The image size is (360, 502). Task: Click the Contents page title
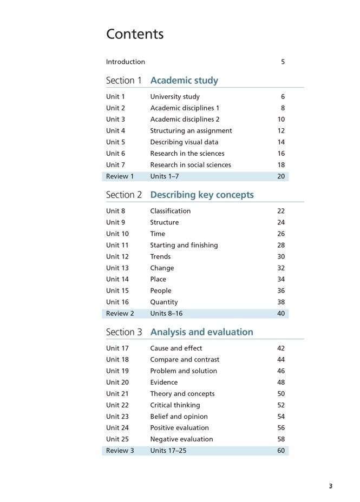[x=135, y=34]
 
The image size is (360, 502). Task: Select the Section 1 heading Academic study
[x=184, y=81]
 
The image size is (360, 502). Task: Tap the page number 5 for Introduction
[x=283, y=62]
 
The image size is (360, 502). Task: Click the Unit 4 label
[x=115, y=131]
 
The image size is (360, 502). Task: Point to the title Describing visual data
[x=184, y=142]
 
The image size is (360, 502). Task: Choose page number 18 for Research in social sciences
[x=281, y=165]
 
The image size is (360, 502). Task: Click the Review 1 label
[x=120, y=176]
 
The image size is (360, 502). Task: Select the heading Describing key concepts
[x=202, y=195]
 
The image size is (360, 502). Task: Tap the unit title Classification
[x=171, y=211]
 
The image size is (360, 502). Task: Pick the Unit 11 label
[x=117, y=245]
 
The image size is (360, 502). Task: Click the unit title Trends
[x=160, y=256]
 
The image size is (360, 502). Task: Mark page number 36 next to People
[x=281, y=290]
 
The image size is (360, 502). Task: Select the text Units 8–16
[x=166, y=314]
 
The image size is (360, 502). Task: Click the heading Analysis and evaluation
[x=201, y=332]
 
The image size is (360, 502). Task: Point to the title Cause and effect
[x=176, y=348]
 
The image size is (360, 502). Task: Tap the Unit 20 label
[x=117, y=382]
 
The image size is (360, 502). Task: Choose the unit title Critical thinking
[x=175, y=405]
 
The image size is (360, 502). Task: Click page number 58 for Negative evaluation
[x=281, y=439]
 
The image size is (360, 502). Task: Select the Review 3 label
[x=120, y=451]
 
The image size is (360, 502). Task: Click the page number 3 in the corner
[x=331, y=486]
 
